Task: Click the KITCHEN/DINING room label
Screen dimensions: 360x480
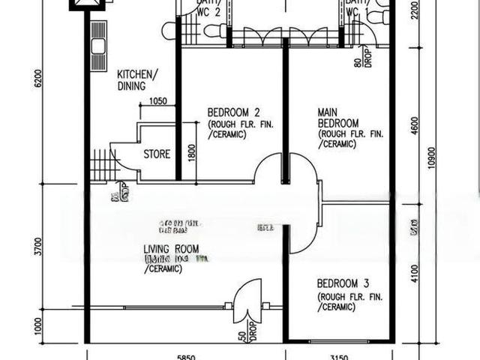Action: point(137,80)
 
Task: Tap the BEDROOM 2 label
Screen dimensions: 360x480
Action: point(228,112)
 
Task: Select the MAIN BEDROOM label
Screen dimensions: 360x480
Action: point(337,118)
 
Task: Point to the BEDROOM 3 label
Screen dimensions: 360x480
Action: point(343,283)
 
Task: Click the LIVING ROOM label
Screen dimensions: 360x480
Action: point(171,248)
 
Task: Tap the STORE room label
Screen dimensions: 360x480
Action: point(157,154)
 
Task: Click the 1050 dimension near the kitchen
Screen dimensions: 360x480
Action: point(158,102)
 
